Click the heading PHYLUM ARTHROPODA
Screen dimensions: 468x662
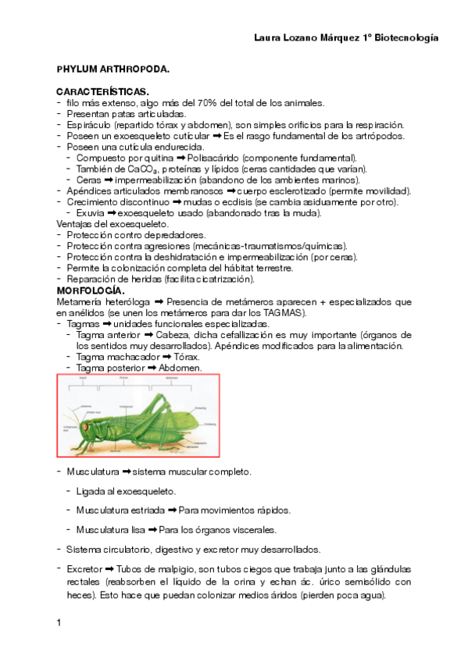point(113,69)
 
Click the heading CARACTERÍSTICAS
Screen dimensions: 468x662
point(102,91)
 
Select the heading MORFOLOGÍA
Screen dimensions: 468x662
point(91,290)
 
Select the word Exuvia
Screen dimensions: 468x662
point(90,212)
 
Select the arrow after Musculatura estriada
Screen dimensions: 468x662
point(172,511)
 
